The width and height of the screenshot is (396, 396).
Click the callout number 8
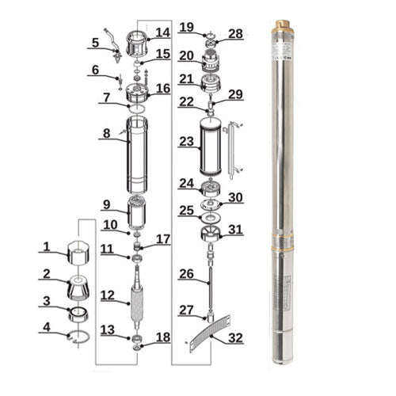click(107, 135)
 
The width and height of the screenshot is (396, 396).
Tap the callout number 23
click(186, 142)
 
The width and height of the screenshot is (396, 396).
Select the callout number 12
click(107, 295)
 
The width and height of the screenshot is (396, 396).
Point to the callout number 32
click(235, 337)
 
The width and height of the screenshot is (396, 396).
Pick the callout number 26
click(186, 274)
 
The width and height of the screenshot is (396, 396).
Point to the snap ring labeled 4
click(77, 337)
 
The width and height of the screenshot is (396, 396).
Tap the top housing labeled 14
click(138, 38)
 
